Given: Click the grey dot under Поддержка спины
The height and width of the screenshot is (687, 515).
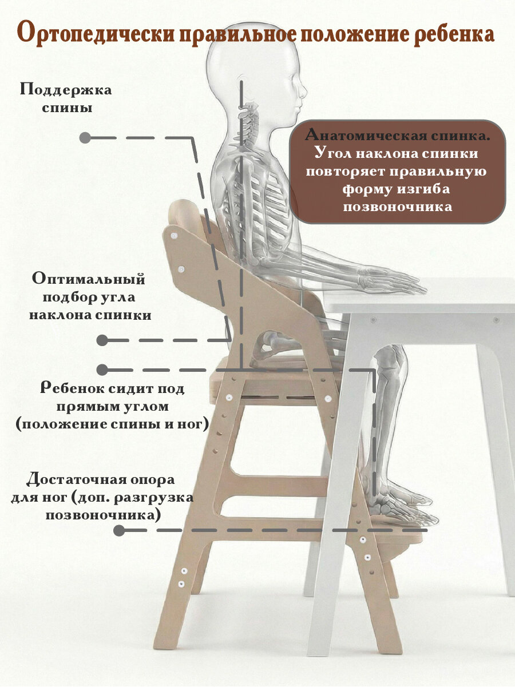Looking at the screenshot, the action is click(x=85, y=138).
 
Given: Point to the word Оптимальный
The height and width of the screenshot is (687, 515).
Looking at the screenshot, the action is click(x=89, y=279).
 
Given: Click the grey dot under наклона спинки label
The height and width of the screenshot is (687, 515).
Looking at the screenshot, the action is click(x=102, y=340).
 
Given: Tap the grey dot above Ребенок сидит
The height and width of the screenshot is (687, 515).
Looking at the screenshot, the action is click(x=102, y=370).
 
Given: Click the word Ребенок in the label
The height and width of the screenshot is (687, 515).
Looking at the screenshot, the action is click(x=72, y=389).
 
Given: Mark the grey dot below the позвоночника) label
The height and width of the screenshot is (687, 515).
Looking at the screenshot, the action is click(x=119, y=530).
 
